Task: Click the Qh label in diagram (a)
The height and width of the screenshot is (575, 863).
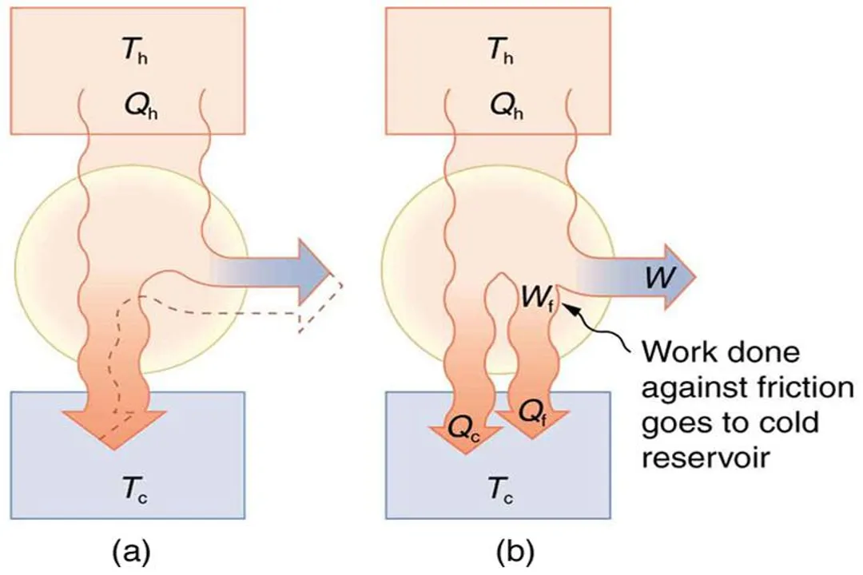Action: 131,105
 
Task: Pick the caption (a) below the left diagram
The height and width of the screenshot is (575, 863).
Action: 129,551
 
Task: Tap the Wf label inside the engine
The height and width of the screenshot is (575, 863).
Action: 537,296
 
